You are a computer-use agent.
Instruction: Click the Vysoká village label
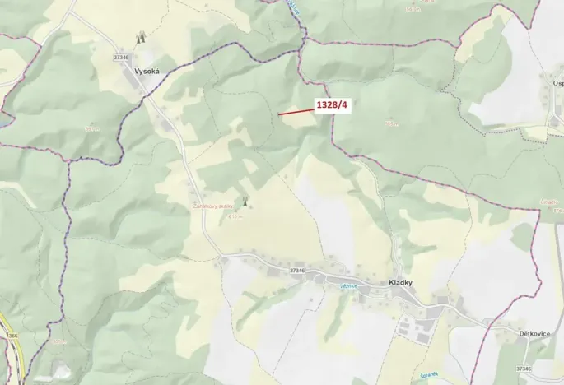[146, 72]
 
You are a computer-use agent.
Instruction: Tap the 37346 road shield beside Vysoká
[123, 57]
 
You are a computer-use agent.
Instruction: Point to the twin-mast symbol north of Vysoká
[140, 37]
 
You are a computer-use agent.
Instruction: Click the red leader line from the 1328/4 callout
[295, 110]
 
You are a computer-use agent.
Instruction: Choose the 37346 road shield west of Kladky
[297, 270]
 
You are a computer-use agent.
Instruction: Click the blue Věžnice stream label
[349, 285]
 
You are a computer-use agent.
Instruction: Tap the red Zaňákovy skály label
[211, 207]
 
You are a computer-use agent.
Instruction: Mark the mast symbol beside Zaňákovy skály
[245, 202]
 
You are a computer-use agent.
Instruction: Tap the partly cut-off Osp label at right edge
[557, 83]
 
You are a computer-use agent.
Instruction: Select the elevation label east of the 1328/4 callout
[392, 123]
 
